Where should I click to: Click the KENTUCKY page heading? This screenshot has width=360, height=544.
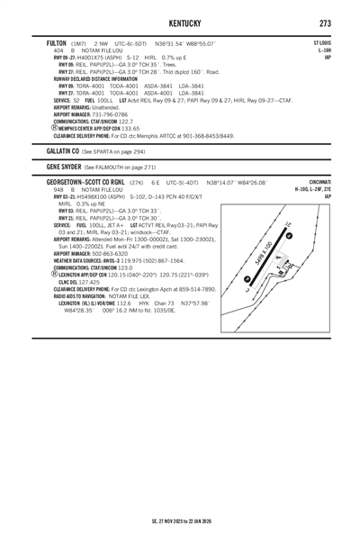tap(180, 21)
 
